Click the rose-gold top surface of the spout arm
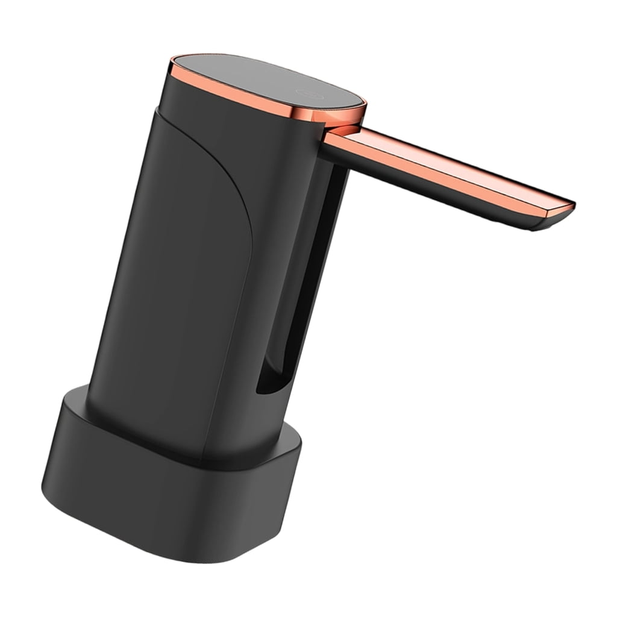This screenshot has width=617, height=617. [446, 166]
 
